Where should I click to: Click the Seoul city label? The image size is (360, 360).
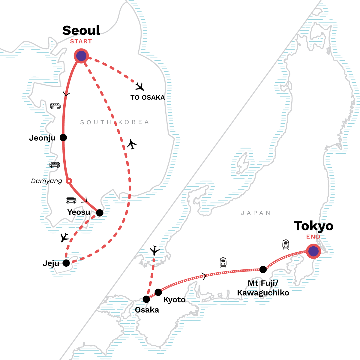tap(81, 30)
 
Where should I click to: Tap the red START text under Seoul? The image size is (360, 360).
tap(81, 41)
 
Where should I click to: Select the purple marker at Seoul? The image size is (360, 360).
tap(81, 56)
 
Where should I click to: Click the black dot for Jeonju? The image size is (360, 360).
tap(63, 138)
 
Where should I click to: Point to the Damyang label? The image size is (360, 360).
tap(46, 181)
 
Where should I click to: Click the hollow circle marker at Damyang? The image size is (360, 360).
tap(69, 181)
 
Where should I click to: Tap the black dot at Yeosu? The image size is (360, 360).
tap(100, 213)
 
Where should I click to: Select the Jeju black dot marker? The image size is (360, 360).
tap(66, 263)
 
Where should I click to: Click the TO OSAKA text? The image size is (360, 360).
tap(148, 97)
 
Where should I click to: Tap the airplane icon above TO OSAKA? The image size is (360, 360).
tap(140, 86)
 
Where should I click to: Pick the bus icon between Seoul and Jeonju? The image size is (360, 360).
tap(55, 106)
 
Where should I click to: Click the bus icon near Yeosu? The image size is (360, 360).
tap(71, 200)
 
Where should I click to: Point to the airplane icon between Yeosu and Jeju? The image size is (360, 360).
tap(64, 237)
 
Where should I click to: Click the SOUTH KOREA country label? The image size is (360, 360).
tap(115, 122)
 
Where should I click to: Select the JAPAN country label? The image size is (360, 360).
tap(256, 213)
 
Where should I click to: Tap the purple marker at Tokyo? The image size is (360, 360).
tap(313, 251)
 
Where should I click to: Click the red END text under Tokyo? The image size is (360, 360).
tap(313, 237)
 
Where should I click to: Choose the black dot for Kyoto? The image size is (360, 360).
tap(158, 292)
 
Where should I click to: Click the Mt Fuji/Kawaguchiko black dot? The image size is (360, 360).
tap(263, 269)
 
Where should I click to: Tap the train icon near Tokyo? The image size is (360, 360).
tap(286, 244)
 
